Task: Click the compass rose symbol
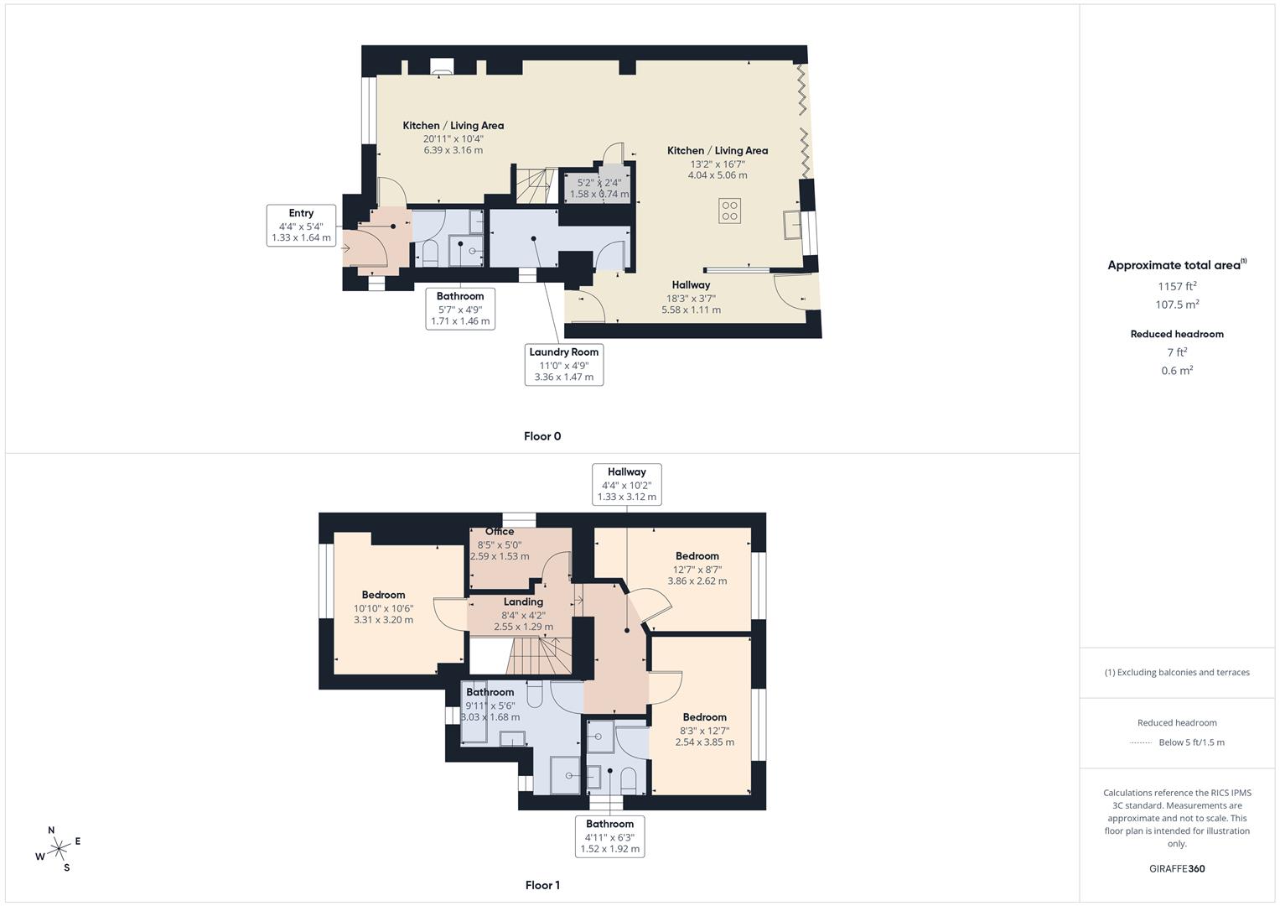59,849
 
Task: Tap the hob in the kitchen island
729,211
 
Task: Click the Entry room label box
301,226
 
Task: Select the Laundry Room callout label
563,364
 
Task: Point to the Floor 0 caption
542,436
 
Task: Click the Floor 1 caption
542,885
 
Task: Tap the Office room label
500,532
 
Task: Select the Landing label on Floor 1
523,602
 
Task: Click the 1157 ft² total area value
1177,286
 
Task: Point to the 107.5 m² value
1177,305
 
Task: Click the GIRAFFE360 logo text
1177,868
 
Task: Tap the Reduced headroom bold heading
1177,334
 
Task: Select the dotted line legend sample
1141,742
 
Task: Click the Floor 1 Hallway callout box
626,484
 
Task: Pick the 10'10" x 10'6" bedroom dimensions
383,608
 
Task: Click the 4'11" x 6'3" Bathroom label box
609,836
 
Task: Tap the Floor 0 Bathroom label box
460,308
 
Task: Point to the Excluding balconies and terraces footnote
1177,672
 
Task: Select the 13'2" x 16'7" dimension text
717,164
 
